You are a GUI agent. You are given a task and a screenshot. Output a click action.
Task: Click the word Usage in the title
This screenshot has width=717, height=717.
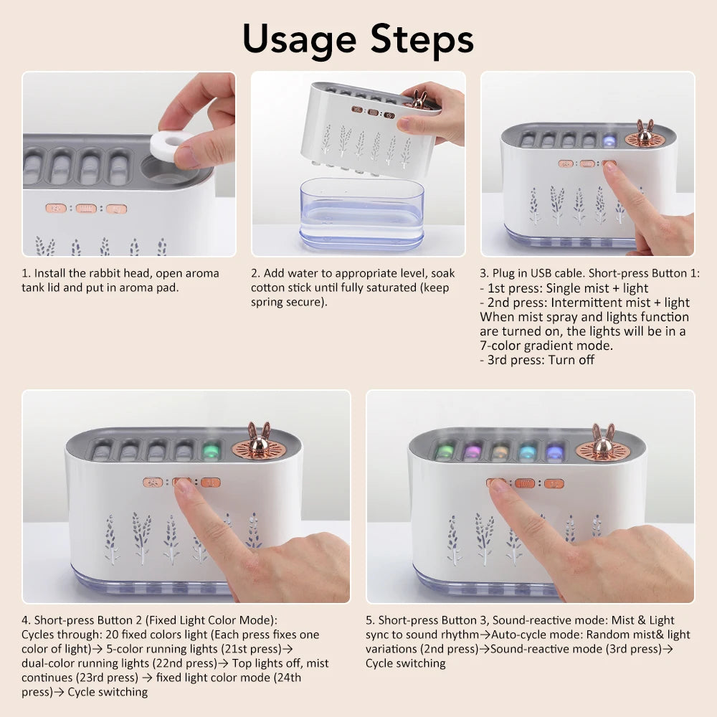click(299, 39)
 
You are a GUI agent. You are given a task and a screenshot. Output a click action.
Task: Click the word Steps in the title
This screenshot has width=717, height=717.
click(422, 39)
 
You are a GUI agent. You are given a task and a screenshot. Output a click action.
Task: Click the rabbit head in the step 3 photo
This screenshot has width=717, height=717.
click(644, 134)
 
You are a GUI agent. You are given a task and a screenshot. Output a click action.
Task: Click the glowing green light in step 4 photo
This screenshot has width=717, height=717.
click(212, 451)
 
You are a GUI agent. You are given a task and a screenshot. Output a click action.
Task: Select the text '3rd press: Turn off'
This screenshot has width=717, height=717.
click(537, 360)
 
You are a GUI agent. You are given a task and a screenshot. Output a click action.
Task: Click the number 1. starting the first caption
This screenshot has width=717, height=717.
click(27, 273)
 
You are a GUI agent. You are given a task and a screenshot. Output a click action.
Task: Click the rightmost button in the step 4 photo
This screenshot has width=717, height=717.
click(211, 483)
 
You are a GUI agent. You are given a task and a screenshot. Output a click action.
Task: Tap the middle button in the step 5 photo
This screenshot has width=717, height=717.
click(525, 483)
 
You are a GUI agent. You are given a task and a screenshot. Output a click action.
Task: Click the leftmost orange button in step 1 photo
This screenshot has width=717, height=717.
click(55, 208)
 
